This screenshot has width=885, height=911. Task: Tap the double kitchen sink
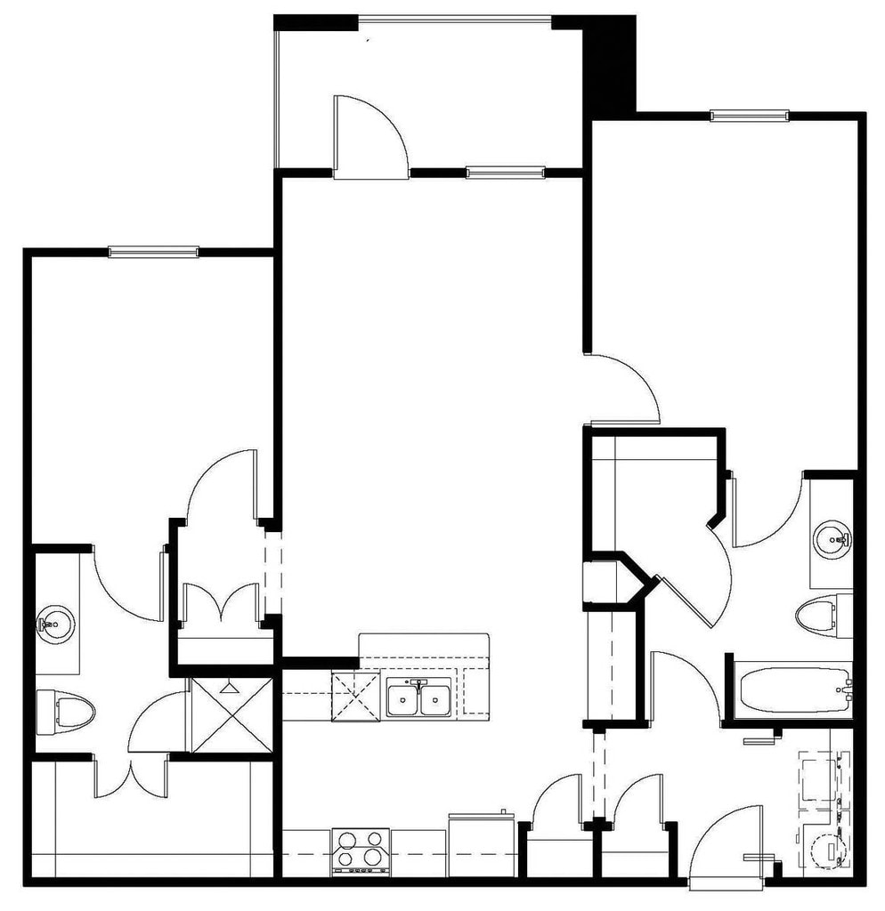click(418, 697)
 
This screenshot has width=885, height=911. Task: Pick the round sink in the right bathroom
click(833, 538)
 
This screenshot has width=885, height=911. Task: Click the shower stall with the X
click(231, 714)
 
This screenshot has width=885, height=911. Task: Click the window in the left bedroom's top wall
click(153, 252)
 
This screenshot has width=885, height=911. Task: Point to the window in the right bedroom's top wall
click(749, 115)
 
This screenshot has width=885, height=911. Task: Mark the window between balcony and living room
click(505, 173)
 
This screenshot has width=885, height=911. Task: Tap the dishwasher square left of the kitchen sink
click(355, 697)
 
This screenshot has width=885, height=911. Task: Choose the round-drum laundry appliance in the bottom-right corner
click(823, 850)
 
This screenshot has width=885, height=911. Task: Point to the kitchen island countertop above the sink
click(423, 646)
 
